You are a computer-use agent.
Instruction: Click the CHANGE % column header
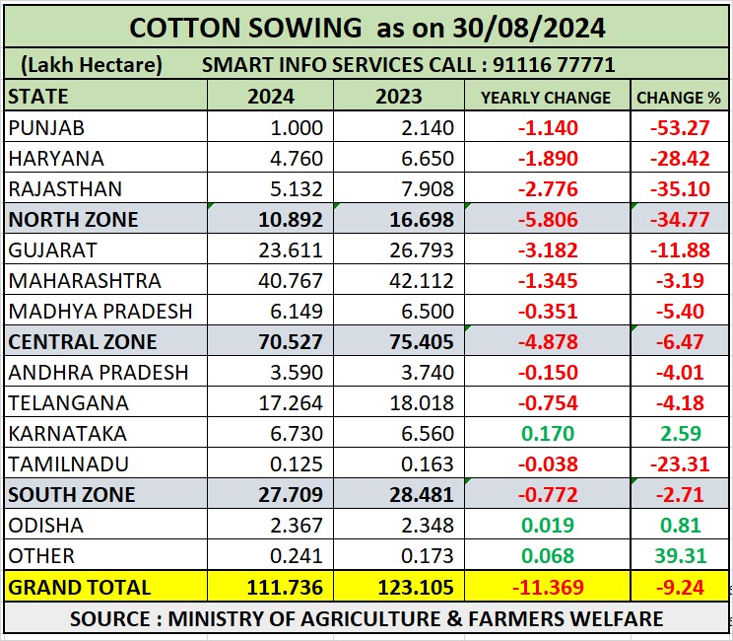pos(678,98)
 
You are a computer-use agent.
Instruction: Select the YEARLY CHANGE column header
pos(545,98)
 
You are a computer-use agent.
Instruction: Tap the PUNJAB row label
pos(46,128)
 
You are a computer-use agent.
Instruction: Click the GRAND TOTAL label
pos(80,587)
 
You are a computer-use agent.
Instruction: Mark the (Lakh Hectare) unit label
pos(90,66)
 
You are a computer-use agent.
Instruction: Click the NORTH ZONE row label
pos(74,220)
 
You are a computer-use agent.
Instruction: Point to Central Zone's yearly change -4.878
pos(546,342)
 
